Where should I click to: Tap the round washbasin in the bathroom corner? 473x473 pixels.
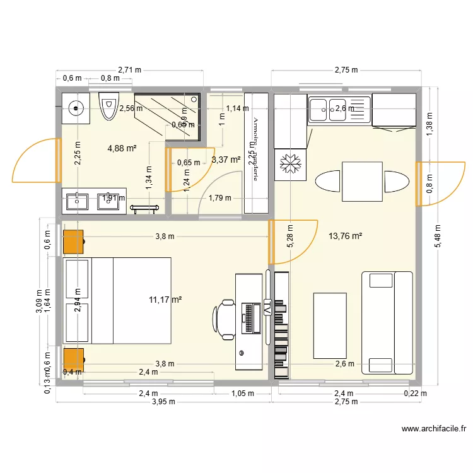(76, 108)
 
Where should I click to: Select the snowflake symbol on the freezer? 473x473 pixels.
(289, 164)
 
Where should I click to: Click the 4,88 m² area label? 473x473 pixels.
(122, 149)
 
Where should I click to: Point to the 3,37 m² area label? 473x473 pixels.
(226, 160)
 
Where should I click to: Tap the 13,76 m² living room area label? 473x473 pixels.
(345, 237)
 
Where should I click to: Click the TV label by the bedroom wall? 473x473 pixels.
(267, 308)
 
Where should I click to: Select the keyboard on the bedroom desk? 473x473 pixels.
(250, 318)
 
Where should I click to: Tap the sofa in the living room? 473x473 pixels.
(386, 322)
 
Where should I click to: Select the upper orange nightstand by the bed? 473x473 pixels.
(74, 242)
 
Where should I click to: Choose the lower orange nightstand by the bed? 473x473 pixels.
(74, 359)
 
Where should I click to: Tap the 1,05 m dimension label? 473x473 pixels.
(242, 394)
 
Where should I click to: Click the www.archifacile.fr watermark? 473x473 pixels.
(433, 429)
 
